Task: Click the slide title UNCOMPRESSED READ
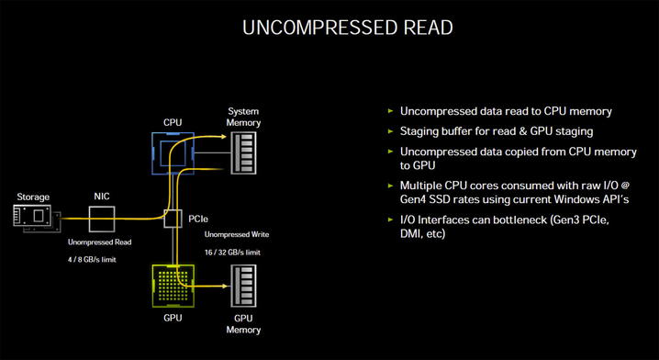tap(347, 28)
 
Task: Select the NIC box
tap(102, 218)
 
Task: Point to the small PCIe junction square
tap(172, 219)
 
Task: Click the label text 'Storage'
tap(32, 197)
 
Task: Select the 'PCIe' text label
tap(197, 219)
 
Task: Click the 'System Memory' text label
tap(243, 117)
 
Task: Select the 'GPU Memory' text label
tap(243, 324)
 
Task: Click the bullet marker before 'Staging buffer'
tap(392, 130)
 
